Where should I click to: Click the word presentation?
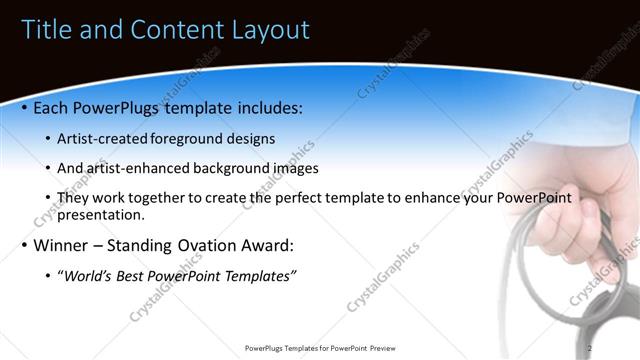(x=102, y=214)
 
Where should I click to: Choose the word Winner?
(x=63, y=245)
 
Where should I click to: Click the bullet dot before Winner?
(x=24, y=245)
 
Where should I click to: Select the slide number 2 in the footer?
(x=591, y=348)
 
